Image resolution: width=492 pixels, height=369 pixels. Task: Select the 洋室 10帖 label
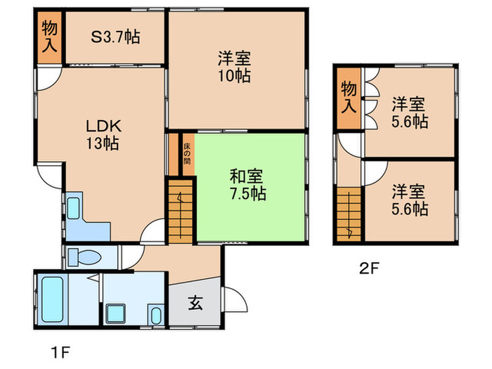(x=235, y=66)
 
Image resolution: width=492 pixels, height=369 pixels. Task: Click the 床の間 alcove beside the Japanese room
(x=187, y=153)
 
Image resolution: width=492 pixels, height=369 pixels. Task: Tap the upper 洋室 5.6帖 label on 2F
(x=409, y=112)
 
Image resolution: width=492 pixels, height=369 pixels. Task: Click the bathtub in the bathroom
(x=52, y=301)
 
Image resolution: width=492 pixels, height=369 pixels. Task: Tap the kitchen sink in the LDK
(x=74, y=208)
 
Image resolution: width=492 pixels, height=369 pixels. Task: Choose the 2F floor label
(x=370, y=268)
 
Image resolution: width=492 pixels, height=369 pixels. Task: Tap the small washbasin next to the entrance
(x=155, y=313)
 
